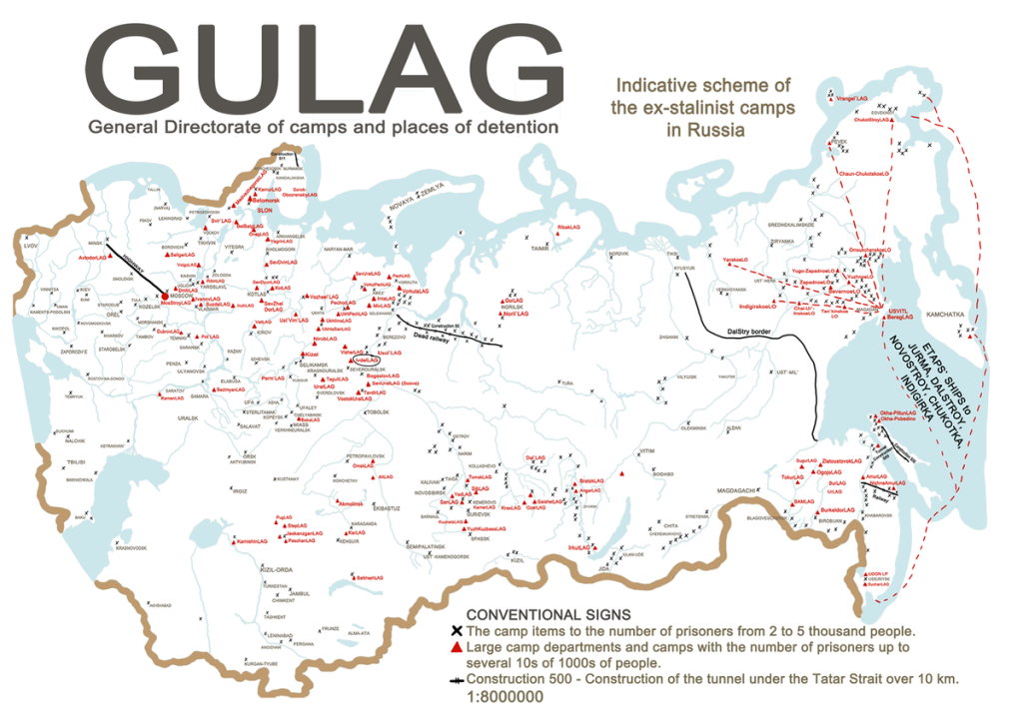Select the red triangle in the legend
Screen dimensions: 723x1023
[457, 648]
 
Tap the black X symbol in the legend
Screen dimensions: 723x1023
[457, 631]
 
